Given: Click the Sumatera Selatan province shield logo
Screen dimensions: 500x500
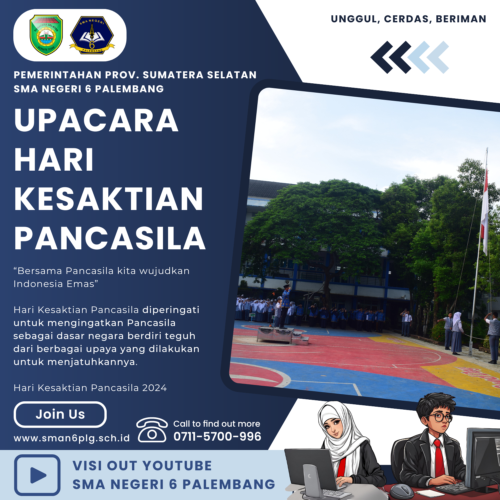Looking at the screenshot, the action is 46,35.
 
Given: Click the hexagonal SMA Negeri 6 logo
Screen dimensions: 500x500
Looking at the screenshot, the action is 92,35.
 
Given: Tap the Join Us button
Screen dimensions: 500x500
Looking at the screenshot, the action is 60,414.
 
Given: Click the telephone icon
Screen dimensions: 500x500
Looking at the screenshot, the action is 152,430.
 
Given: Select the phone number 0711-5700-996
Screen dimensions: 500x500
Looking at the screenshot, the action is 217,436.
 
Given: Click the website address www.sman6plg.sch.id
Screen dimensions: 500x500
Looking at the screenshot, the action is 72,438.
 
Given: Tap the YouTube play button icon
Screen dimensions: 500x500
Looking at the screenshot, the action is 37,475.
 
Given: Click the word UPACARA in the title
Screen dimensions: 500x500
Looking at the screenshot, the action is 96,120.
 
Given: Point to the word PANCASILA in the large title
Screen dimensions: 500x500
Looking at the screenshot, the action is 110,238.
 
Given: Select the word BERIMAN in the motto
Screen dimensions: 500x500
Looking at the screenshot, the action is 461,19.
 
